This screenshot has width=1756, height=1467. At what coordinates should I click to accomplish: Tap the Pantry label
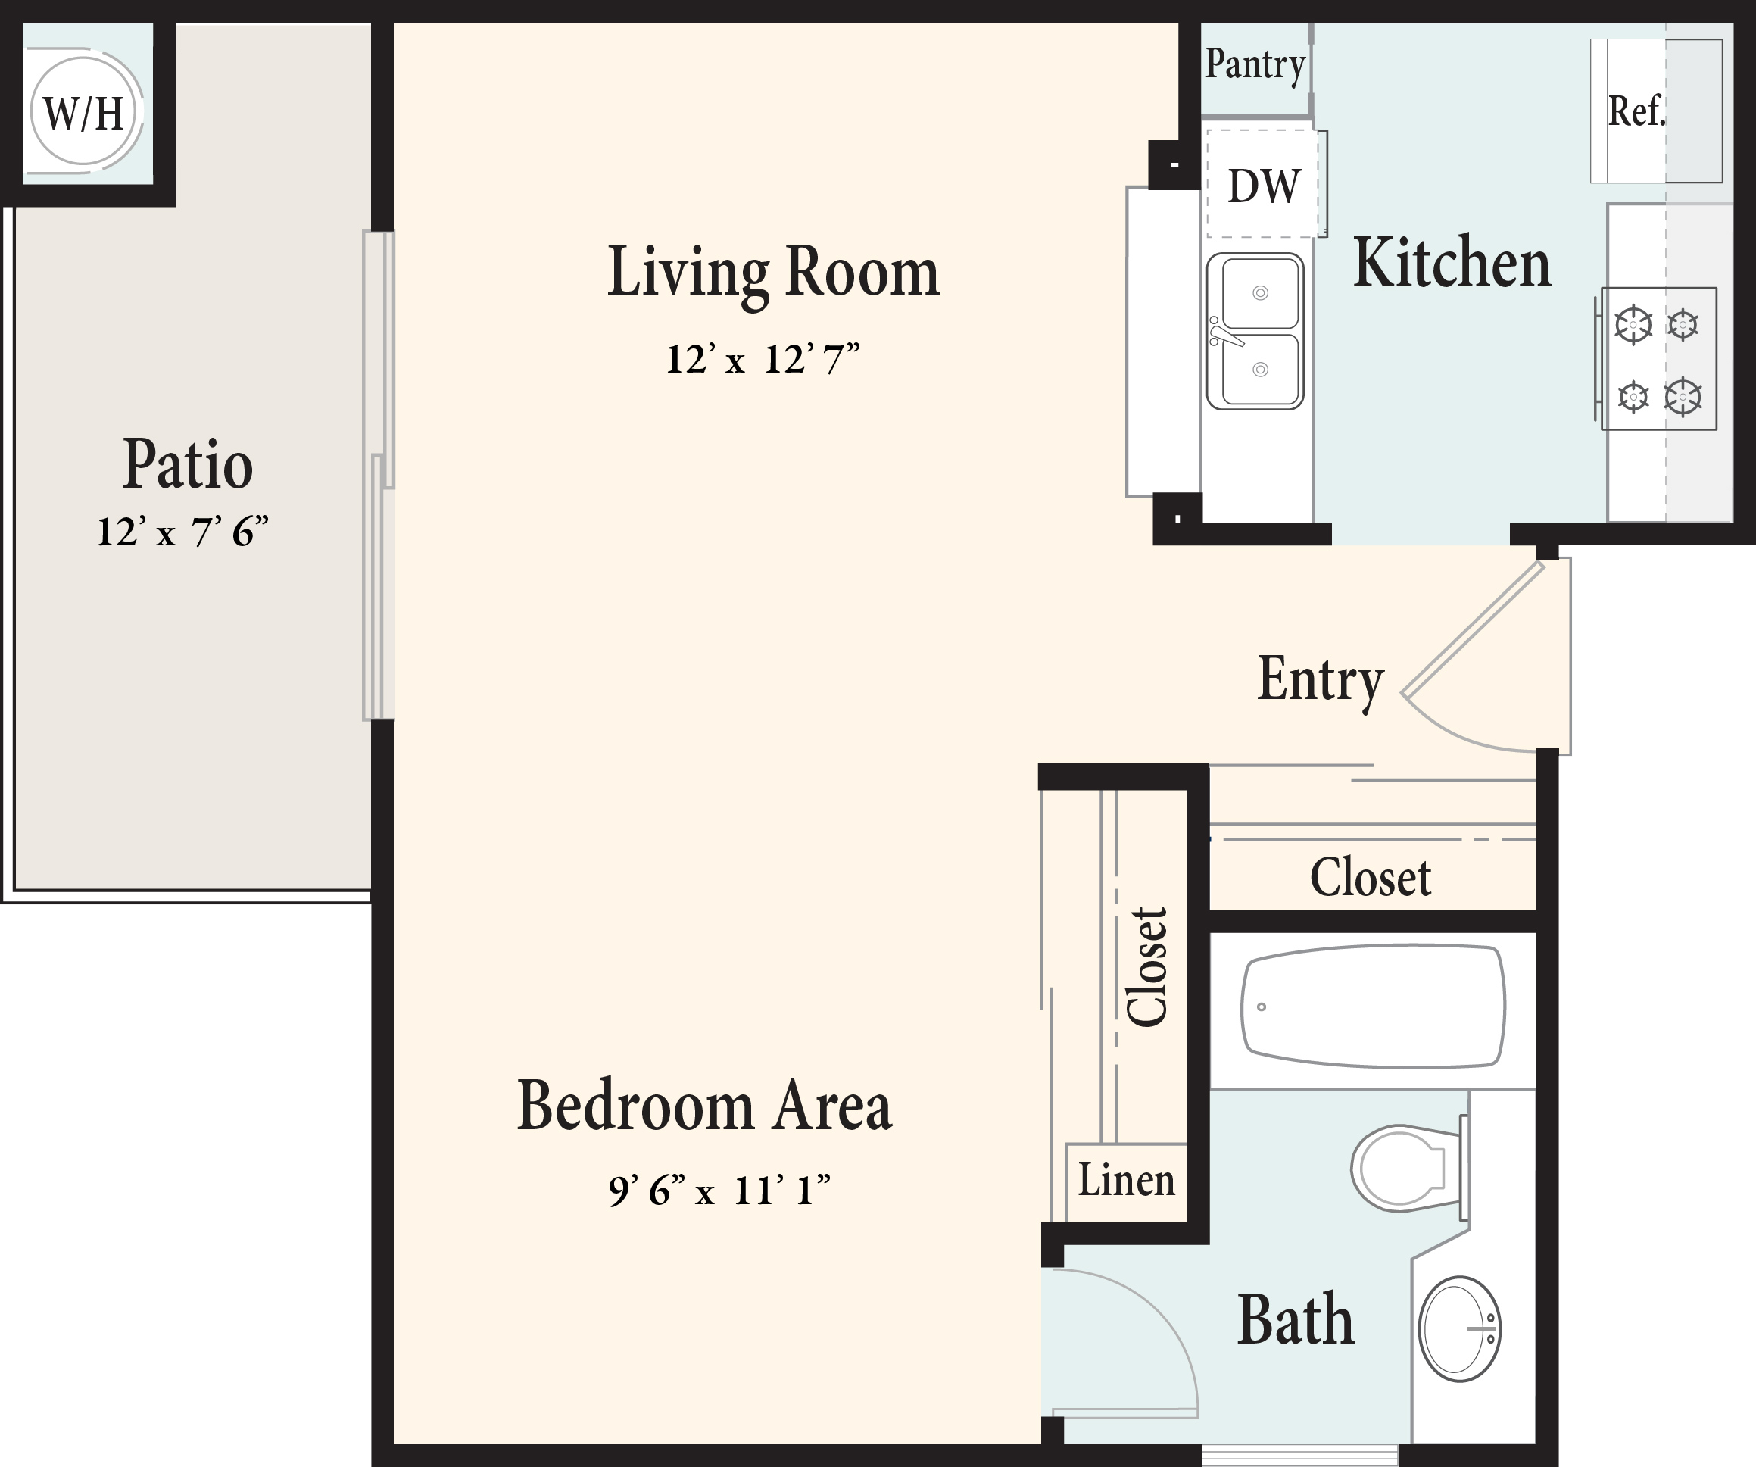click(x=1255, y=64)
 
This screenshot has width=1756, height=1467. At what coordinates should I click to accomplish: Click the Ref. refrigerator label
click(x=1636, y=111)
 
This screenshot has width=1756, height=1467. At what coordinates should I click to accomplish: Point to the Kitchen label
click(x=1452, y=263)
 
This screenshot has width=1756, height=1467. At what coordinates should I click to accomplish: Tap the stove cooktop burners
click(x=1658, y=359)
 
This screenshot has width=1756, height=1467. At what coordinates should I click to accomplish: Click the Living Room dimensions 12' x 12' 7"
click(x=762, y=359)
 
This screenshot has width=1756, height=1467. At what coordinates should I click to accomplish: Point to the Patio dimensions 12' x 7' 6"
click(x=182, y=531)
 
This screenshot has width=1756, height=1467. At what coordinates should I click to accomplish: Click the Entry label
click(x=1321, y=681)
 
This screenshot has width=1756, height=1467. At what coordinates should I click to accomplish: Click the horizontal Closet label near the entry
click(x=1370, y=877)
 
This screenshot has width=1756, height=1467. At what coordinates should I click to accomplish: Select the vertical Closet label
click(x=1146, y=966)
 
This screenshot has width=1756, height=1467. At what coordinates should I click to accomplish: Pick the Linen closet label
click(x=1126, y=1179)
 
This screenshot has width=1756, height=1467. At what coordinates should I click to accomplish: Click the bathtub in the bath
click(x=1373, y=1007)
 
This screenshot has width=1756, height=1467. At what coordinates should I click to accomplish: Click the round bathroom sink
click(x=1459, y=1329)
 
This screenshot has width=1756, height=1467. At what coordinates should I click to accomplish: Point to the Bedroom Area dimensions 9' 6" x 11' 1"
click(x=719, y=1189)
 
